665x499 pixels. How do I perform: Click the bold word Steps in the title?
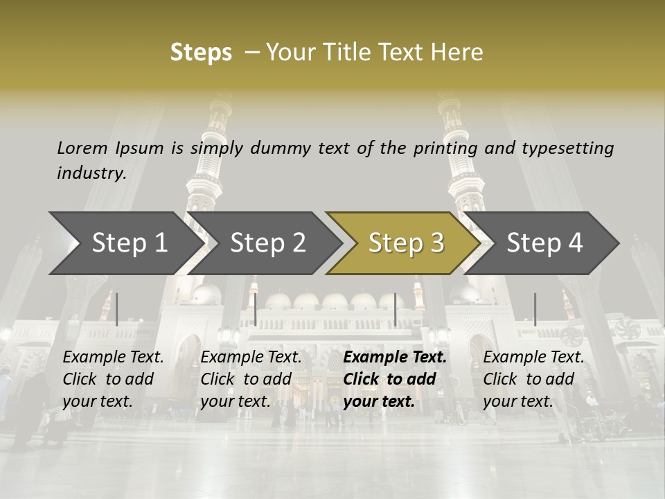[x=201, y=53]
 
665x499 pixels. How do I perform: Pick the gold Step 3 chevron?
[x=406, y=243]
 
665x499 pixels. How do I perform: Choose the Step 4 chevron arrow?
[x=544, y=243]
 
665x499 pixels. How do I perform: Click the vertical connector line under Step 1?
[x=117, y=309]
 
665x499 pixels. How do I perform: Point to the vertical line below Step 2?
[x=256, y=309]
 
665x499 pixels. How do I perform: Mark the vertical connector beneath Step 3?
[x=395, y=309]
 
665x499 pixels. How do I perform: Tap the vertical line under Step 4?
[x=535, y=309]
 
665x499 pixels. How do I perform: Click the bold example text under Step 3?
[x=395, y=379]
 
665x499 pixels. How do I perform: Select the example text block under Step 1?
[x=113, y=379]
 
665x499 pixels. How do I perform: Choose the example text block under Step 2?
[x=251, y=379]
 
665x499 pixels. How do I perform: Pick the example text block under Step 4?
[x=533, y=379]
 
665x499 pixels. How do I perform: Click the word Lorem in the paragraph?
[x=82, y=148]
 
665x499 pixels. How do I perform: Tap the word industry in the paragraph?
[x=91, y=173]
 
